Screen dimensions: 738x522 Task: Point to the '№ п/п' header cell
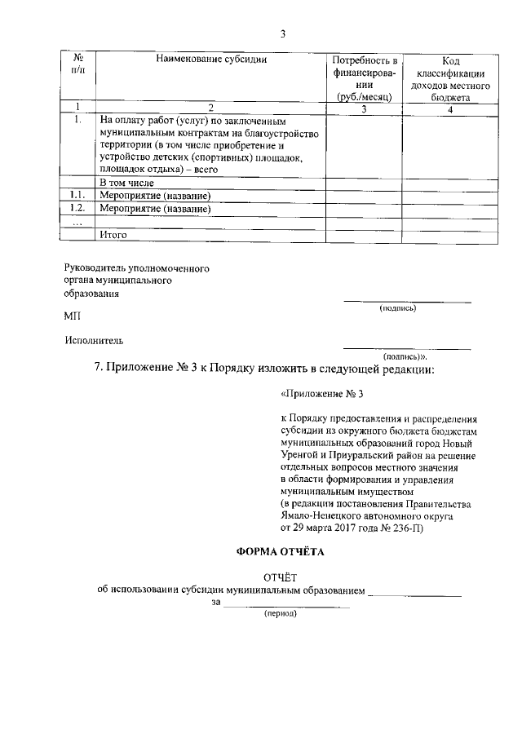[x=78, y=66]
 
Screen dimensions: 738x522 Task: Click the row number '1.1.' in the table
[x=77, y=196]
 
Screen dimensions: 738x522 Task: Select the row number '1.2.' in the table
[x=77, y=209]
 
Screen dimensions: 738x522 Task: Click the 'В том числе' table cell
[x=126, y=183]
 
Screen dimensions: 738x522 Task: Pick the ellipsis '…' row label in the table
[x=77, y=222]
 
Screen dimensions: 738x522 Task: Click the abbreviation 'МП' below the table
[x=73, y=315]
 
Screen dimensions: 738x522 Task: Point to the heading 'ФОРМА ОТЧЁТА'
[x=280, y=552]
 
